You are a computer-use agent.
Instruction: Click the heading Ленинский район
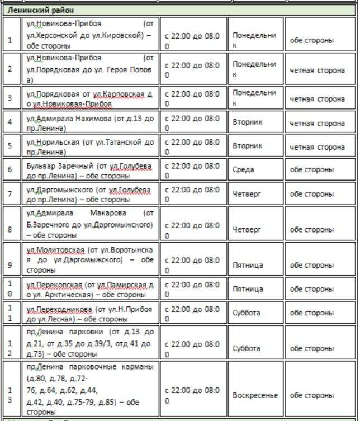pos(41,10)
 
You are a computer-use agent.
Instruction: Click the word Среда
pos(243,170)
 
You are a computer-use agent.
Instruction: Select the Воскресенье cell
pos(255,395)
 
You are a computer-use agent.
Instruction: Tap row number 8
pos(10,229)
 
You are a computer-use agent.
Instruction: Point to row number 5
pos(10,147)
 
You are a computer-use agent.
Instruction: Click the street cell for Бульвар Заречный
pos(89,170)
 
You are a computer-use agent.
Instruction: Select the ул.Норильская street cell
pos(89,147)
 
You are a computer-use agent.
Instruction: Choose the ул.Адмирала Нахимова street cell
pos(89,123)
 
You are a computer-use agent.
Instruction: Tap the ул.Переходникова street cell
pos(89,313)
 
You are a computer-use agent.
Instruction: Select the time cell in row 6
pos(192,170)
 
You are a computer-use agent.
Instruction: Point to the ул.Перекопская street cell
pos(89,289)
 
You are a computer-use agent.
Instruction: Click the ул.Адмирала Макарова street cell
pos(89,224)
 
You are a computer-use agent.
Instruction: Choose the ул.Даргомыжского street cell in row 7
pos(89,194)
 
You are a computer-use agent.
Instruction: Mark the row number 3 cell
pos(10,99)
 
